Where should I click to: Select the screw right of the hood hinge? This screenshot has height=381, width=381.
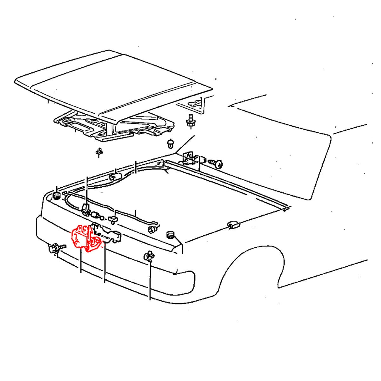coord(216,164)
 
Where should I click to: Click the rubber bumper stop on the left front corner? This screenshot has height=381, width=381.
coord(57,195)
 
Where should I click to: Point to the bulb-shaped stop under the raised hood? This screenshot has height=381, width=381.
coord(171,144)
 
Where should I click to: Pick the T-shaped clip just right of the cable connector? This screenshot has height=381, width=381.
coord(113,219)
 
